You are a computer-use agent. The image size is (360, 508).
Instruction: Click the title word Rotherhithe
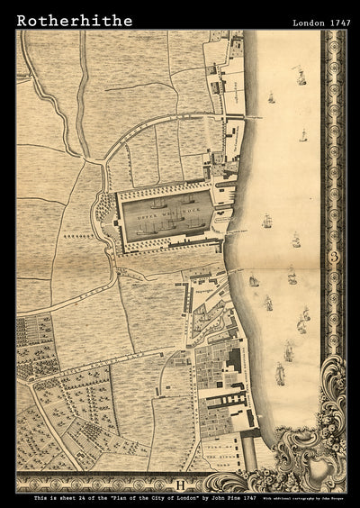click(74, 20)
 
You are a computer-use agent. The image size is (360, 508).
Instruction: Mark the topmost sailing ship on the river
click(300, 78)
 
